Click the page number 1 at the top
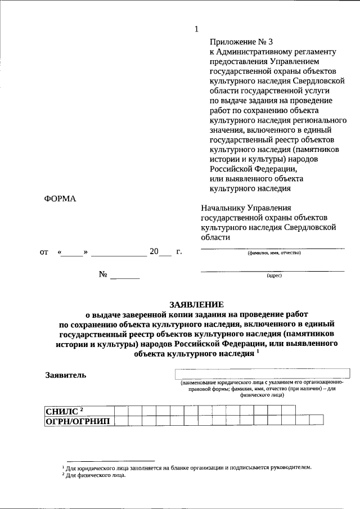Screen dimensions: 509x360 coord(196,29)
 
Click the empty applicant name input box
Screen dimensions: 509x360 coord(262,373)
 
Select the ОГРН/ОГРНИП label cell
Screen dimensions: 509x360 coord(79,420)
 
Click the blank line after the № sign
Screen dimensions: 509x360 coord(125,276)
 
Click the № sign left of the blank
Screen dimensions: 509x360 coord(103,274)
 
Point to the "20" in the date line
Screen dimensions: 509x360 coord(155,251)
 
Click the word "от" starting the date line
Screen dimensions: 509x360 coord(44,253)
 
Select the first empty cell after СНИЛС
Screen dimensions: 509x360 coord(121,410)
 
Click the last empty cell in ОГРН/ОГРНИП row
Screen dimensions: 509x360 coord(317,420)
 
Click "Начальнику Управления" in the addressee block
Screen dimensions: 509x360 coord(246,208)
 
